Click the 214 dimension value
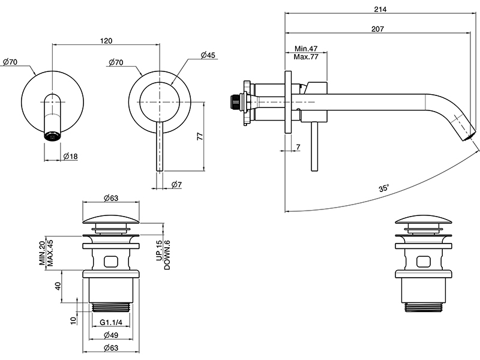click(380, 10)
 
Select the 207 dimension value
click(377, 29)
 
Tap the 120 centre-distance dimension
click(106, 41)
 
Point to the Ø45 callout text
click(208, 55)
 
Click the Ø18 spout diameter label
click(70, 157)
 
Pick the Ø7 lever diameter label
click(176, 185)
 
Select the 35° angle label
click(384, 188)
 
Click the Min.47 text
click(306, 49)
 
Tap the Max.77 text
click(306, 56)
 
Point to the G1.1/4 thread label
click(111, 322)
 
